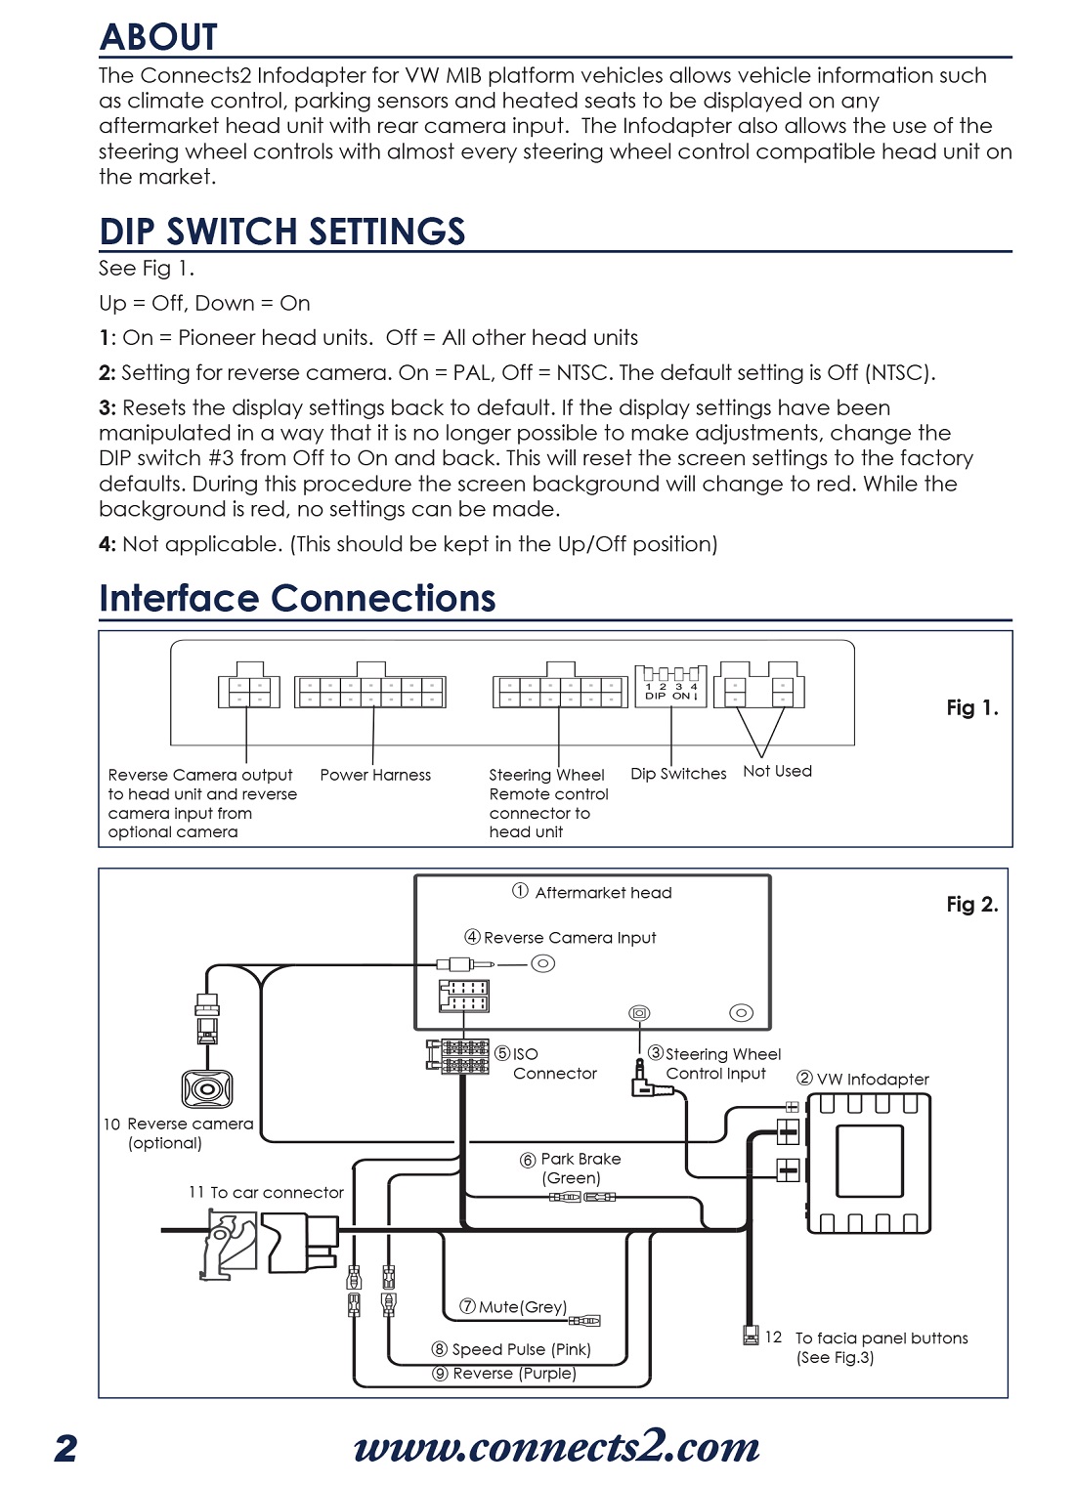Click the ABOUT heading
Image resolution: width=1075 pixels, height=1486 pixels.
pos(159,37)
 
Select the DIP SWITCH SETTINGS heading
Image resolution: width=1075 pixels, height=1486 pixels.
pos(282,232)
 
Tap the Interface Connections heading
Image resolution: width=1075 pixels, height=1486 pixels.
pos(297,598)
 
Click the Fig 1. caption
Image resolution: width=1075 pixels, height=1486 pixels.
pos(971,708)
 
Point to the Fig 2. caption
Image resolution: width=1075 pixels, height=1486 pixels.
pos(971,905)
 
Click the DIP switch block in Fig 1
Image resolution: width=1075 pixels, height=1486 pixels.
pos(671,683)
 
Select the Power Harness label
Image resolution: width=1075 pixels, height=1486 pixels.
pos(375,775)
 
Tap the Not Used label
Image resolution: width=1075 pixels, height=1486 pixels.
pos(777,771)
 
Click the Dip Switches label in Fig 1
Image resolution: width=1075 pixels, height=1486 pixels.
pos(678,774)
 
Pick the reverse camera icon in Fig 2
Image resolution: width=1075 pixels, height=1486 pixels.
pos(206,1088)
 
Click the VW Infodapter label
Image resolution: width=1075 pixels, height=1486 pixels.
pos(863,1079)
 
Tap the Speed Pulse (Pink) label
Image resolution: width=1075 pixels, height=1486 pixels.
pos(512,1349)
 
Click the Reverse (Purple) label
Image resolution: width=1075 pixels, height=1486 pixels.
pos(505,1374)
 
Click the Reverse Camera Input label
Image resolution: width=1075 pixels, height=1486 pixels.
pos(561,938)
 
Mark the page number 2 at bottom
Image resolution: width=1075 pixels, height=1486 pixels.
pos(65,1448)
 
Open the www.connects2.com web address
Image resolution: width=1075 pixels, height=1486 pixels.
pos(557,1447)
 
